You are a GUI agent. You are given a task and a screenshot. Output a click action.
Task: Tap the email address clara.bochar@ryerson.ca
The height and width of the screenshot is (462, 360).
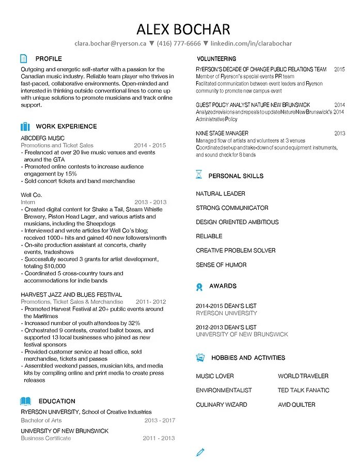tap(111, 43)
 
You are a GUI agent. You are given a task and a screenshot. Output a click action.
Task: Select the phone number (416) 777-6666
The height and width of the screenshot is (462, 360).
tap(179, 43)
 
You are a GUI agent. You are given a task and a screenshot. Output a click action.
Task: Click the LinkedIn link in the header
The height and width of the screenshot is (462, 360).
tap(252, 43)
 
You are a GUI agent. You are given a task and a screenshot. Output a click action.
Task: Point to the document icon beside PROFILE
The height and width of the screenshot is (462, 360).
tap(24, 58)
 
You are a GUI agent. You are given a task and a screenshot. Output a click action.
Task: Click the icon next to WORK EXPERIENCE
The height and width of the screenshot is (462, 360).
tap(25, 126)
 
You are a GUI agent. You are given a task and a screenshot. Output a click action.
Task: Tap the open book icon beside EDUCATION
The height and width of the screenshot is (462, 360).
tap(25, 401)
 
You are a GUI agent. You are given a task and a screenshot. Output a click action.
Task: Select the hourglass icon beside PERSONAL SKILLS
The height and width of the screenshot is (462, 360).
tap(199, 175)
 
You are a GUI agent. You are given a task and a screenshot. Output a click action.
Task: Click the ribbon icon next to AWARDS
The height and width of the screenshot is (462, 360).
tap(199, 286)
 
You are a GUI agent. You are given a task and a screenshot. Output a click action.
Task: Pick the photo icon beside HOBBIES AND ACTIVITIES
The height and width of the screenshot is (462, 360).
tap(200, 357)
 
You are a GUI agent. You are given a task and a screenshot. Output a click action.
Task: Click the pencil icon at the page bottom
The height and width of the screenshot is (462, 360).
tap(201, 452)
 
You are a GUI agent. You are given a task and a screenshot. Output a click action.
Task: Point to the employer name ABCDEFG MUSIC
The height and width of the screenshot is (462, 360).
tap(43, 138)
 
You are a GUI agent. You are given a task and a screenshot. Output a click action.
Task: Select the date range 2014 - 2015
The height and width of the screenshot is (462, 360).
tap(150, 146)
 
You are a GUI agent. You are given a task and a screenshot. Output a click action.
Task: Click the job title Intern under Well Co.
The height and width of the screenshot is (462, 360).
tap(28, 202)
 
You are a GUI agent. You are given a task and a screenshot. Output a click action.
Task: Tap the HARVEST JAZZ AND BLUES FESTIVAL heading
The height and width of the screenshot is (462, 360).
tap(71, 295)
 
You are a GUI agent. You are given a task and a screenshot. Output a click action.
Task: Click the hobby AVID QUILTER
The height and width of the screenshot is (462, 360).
tap(296, 405)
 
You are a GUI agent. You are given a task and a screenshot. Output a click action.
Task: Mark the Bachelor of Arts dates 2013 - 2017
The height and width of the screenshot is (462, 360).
tap(160, 421)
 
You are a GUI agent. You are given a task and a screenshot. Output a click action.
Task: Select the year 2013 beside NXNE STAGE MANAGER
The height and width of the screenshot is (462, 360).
tap(339, 133)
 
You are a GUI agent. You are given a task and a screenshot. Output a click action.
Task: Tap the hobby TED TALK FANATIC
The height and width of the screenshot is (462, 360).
tap(303, 390)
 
